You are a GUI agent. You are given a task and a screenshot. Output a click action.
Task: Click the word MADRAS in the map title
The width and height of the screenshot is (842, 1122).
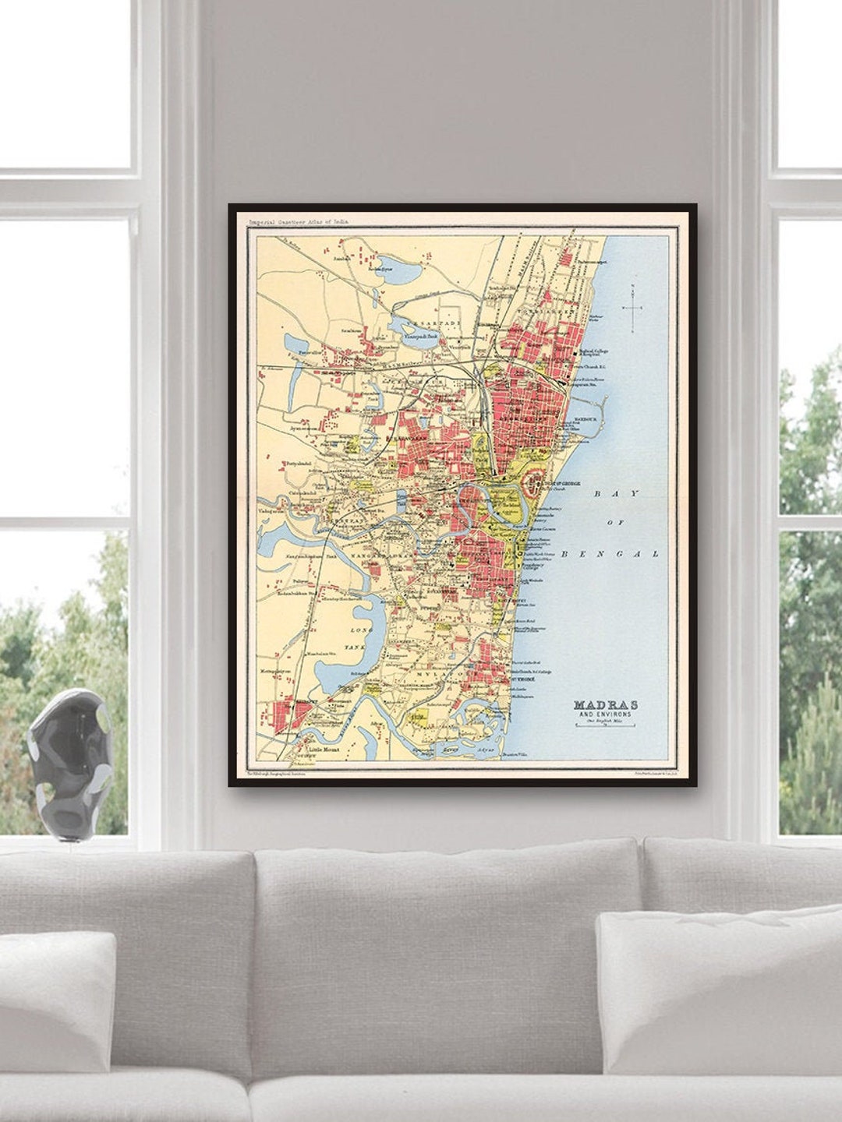coord(605,704)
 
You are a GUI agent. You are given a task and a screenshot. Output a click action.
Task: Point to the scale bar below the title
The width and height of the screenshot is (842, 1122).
coord(605,725)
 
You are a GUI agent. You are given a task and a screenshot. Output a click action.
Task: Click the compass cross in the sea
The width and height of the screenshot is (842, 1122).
coord(632,308)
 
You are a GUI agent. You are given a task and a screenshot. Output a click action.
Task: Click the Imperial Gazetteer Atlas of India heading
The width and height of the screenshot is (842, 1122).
coord(299,222)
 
